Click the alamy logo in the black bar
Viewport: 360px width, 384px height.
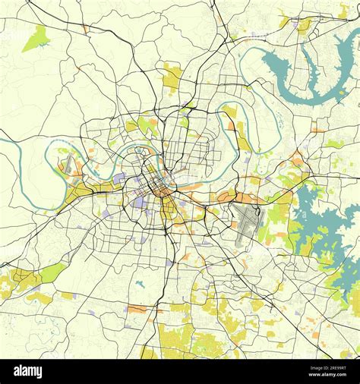click(28, 371)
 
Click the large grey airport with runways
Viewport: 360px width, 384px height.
click(248, 223)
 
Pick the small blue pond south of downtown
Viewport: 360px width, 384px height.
click(140, 285)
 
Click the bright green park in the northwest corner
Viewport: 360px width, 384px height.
click(35, 38)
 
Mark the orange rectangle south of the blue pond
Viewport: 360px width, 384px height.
click(139, 309)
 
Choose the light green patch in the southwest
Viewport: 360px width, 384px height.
click(52, 272)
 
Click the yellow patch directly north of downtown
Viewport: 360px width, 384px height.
click(173, 76)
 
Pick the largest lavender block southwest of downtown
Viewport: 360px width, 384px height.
click(140, 203)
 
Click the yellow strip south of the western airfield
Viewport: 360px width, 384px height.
click(84, 191)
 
